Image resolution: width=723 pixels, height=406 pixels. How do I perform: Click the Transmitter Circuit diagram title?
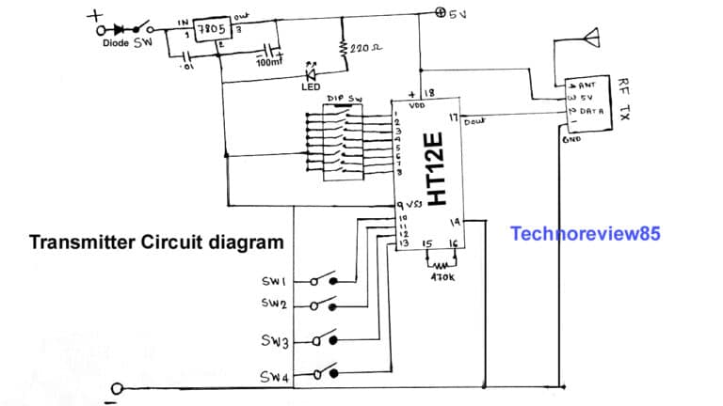156,242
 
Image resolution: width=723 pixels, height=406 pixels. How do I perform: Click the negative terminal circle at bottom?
118,389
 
